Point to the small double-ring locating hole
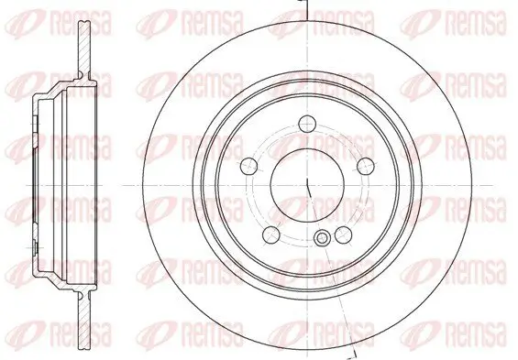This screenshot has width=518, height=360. click(321, 239)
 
